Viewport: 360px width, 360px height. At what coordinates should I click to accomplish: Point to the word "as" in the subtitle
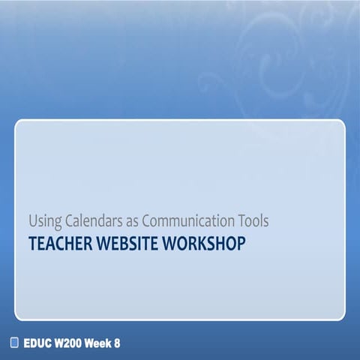coord(124,222)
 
